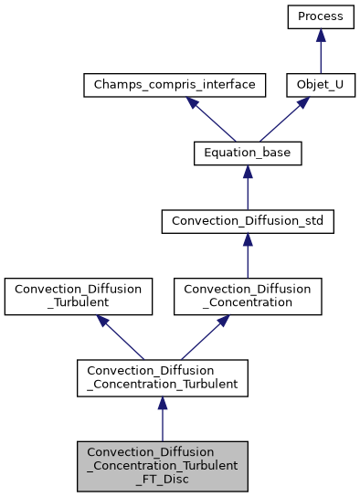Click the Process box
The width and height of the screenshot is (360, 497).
coord(320,16)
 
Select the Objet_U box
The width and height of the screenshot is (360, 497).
coord(320,85)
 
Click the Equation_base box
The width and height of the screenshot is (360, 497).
coord(248,153)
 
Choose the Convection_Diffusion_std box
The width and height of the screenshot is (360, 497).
coord(248,222)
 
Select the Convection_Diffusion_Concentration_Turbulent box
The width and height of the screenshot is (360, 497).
coord(163,377)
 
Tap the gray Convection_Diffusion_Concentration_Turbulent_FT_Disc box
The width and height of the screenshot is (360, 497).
coord(163,465)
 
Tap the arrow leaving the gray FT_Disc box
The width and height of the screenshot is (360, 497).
coord(163,420)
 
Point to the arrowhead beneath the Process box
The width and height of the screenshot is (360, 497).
coord(320,34)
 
